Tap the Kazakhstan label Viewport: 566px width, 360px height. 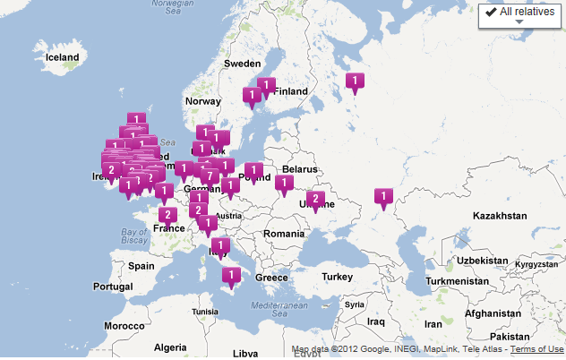[x=500, y=216]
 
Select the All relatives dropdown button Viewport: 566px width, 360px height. [x=519, y=15]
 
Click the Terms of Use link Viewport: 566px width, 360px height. [x=537, y=349]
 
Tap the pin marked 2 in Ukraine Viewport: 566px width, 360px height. [x=314, y=199]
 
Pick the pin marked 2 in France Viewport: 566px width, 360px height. [x=167, y=214]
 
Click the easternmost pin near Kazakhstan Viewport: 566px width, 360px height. [x=383, y=195]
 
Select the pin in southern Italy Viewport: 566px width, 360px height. [x=231, y=275]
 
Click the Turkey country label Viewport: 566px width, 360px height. [x=338, y=276]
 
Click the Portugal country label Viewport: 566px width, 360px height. [x=112, y=287]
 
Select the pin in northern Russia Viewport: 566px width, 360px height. [x=356, y=81]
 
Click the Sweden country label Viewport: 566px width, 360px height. [x=242, y=64]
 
